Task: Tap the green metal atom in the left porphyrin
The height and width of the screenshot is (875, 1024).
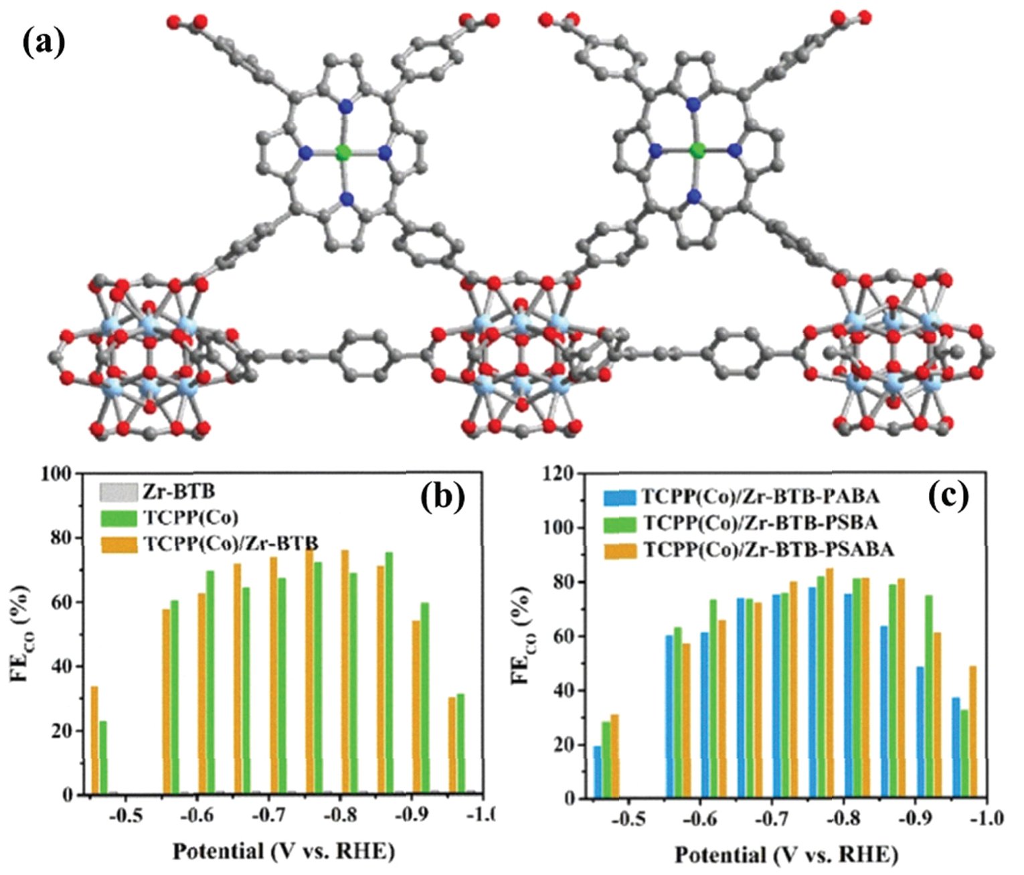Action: pyautogui.click(x=343, y=153)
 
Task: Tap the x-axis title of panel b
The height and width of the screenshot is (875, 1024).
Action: pyautogui.click(x=284, y=851)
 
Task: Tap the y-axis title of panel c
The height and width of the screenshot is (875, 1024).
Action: pyautogui.click(x=524, y=636)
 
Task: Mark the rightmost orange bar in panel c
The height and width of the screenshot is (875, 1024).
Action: pyautogui.click(x=972, y=731)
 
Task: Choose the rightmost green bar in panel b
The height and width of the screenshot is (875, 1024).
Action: pyautogui.click(x=460, y=744)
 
